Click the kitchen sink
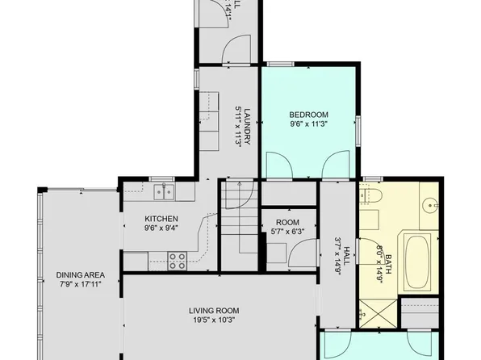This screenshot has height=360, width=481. pyautogui.click(x=164, y=191)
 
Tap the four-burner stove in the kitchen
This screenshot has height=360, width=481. pyautogui.click(x=178, y=259)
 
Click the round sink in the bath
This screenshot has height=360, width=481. pyautogui.click(x=430, y=202)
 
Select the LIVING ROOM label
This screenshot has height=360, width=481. pyautogui.click(x=214, y=310)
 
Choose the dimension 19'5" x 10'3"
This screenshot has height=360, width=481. pyautogui.click(x=214, y=320)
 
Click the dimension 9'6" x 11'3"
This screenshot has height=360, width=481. pyautogui.click(x=307, y=124)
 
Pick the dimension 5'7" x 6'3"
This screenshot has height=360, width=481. pyautogui.click(x=287, y=232)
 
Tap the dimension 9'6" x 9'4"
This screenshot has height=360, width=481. pyautogui.click(x=161, y=228)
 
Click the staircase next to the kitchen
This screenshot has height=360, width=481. pyautogui.click(x=239, y=219)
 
